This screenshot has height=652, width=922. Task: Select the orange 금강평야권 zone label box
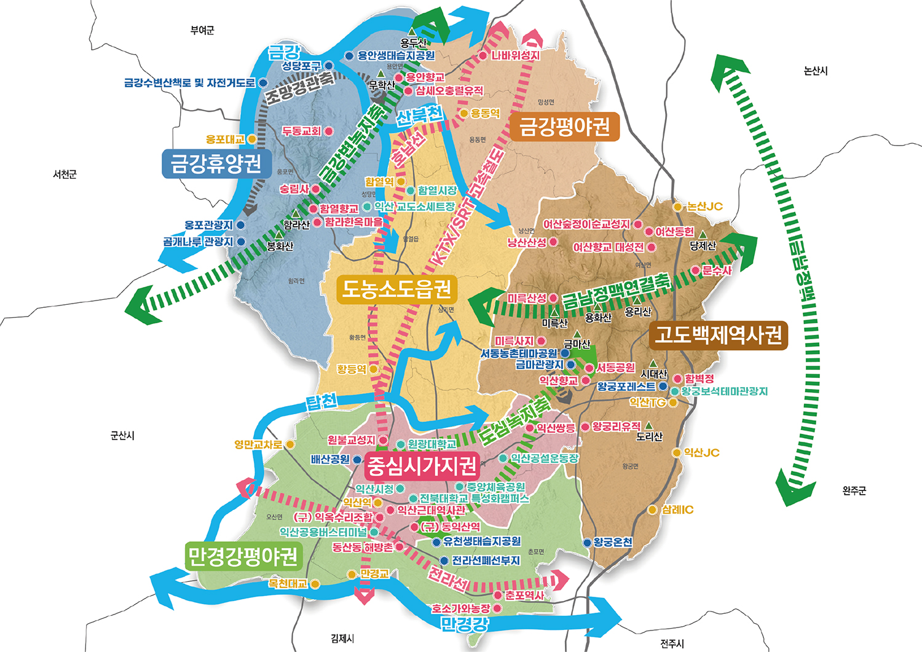[564, 127]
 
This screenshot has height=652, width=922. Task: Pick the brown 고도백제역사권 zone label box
[718, 335]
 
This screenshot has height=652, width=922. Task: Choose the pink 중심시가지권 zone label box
[421, 466]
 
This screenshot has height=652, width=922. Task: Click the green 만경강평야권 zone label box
[243, 556]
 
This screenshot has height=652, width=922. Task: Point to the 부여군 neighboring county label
[202, 30]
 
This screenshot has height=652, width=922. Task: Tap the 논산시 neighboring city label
[816, 71]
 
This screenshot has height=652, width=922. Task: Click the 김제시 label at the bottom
[342, 639]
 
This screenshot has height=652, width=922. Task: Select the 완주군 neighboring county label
[854, 491]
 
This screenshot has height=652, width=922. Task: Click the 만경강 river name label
[465, 624]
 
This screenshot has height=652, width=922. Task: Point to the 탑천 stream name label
[321, 403]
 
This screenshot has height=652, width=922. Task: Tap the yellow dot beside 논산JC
[678, 207]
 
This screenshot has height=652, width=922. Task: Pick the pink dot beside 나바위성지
[483, 56]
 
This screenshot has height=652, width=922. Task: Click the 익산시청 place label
[374, 489]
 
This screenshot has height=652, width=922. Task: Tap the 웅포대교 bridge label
[225, 140]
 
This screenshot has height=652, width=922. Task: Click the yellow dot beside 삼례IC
[652, 510]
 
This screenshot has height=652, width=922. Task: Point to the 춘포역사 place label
[524, 595]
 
